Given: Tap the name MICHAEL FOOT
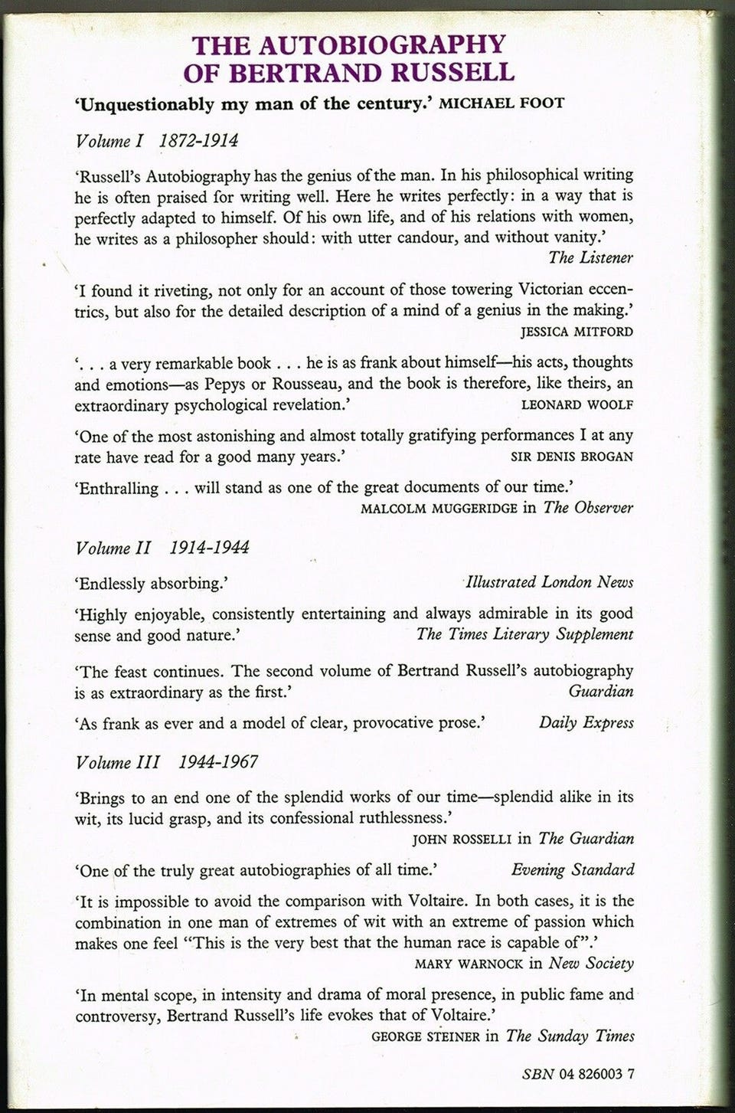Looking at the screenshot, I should click(501, 103).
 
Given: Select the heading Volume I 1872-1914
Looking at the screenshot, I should click(157, 142).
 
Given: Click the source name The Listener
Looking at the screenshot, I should click(590, 257).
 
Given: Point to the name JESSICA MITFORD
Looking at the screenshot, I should click(576, 332).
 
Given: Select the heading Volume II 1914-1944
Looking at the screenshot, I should click(162, 548).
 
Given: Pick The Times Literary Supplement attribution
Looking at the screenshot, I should click(524, 634).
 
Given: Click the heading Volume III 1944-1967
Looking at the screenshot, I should click(166, 762).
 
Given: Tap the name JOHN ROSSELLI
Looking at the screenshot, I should click(462, 839).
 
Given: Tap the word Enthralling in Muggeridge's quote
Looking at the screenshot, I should click(116, 488).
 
